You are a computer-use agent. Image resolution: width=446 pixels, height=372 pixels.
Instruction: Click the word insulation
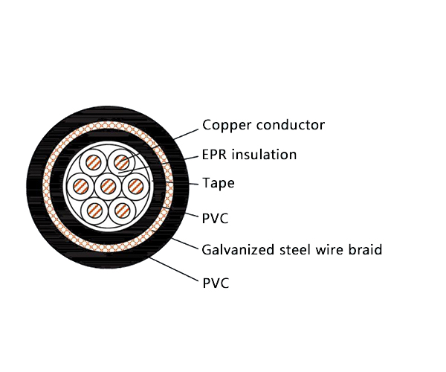[263, 155]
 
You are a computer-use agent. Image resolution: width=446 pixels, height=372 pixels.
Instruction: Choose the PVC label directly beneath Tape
[215, 218]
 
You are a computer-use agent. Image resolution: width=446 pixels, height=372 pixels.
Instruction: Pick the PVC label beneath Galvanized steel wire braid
[215, 283]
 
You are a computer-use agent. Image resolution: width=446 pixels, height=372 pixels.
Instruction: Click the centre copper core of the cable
[109, 185]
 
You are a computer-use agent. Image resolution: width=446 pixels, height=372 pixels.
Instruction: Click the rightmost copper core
[136, 185]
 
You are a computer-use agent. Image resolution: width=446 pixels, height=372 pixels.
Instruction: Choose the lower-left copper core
[94, 210]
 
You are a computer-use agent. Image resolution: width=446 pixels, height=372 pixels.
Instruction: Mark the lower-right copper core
[123, 210]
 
